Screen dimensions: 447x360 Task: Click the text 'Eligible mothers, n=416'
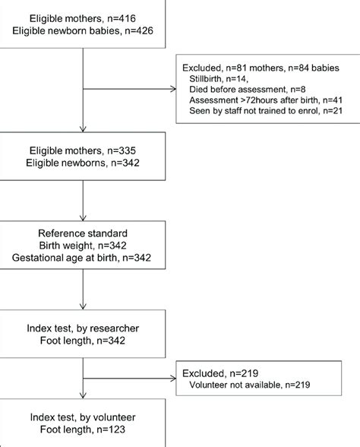[81, 17]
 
